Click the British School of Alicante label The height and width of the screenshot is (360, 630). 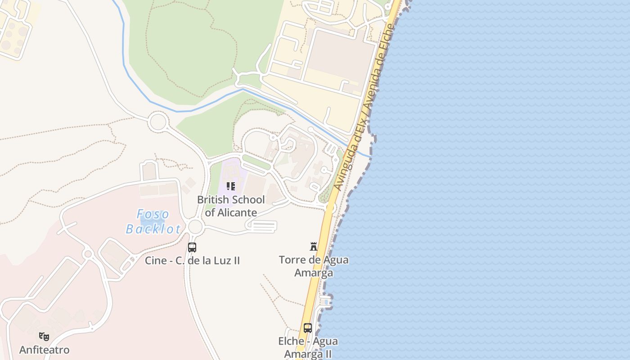(x=231, y=206)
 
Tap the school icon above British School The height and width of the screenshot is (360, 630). (x=231, y=186)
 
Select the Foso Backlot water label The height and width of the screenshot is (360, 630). (x=153, y=221)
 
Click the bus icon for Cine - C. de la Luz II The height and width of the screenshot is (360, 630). (x=192, y=247)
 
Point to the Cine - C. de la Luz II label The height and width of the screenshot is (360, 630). (x=192, y=261)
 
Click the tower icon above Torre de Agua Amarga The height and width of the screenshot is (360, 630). (x=314, y=246)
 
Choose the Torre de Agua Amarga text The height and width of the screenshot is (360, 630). (x=314, y=266)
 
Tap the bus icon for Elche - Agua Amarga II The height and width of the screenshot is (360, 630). (x=308, y=328)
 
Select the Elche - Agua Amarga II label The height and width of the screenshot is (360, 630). (x=308, y=347)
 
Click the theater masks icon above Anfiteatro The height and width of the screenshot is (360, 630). (x=44, y=336)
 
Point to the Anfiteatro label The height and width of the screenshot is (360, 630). (x=44, y=350)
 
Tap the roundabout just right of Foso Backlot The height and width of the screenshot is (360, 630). (x=195, y=227)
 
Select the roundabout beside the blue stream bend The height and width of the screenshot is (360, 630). (x=158, y=122)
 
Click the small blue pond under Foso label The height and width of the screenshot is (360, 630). (x=147, y=221)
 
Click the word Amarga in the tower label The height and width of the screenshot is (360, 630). (x=314, y=273)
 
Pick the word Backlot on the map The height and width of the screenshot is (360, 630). (x=153, y=229)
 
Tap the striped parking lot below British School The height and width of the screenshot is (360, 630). (x=262, y=226)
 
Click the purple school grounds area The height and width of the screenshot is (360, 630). (x=229, y=173)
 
